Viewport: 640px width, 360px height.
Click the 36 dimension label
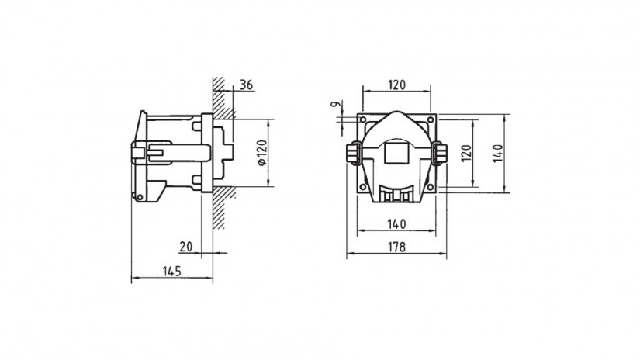pyautogui.click(x=246, y=85)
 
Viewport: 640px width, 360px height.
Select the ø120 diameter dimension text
pyautogui.click(x=262, y=153)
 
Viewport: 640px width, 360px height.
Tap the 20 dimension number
pyautogui.click(x=186, y=247)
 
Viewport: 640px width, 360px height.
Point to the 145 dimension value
pyautogui.click(x=172, y=272)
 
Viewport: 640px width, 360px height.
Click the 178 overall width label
pyautogui.click(x=396, y=247)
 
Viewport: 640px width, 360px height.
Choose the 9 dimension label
pyautogui.click(x=335, y=105)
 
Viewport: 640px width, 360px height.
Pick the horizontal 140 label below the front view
pyautogui.click(x=396, y=224)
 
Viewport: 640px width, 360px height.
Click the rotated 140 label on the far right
pyautogui.click(x=497, y=154)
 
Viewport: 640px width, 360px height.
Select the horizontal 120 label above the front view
pyautogui.click(x=396, y=85)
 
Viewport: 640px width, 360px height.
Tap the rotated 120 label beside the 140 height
pyautogui.click(x=466, y=154)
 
